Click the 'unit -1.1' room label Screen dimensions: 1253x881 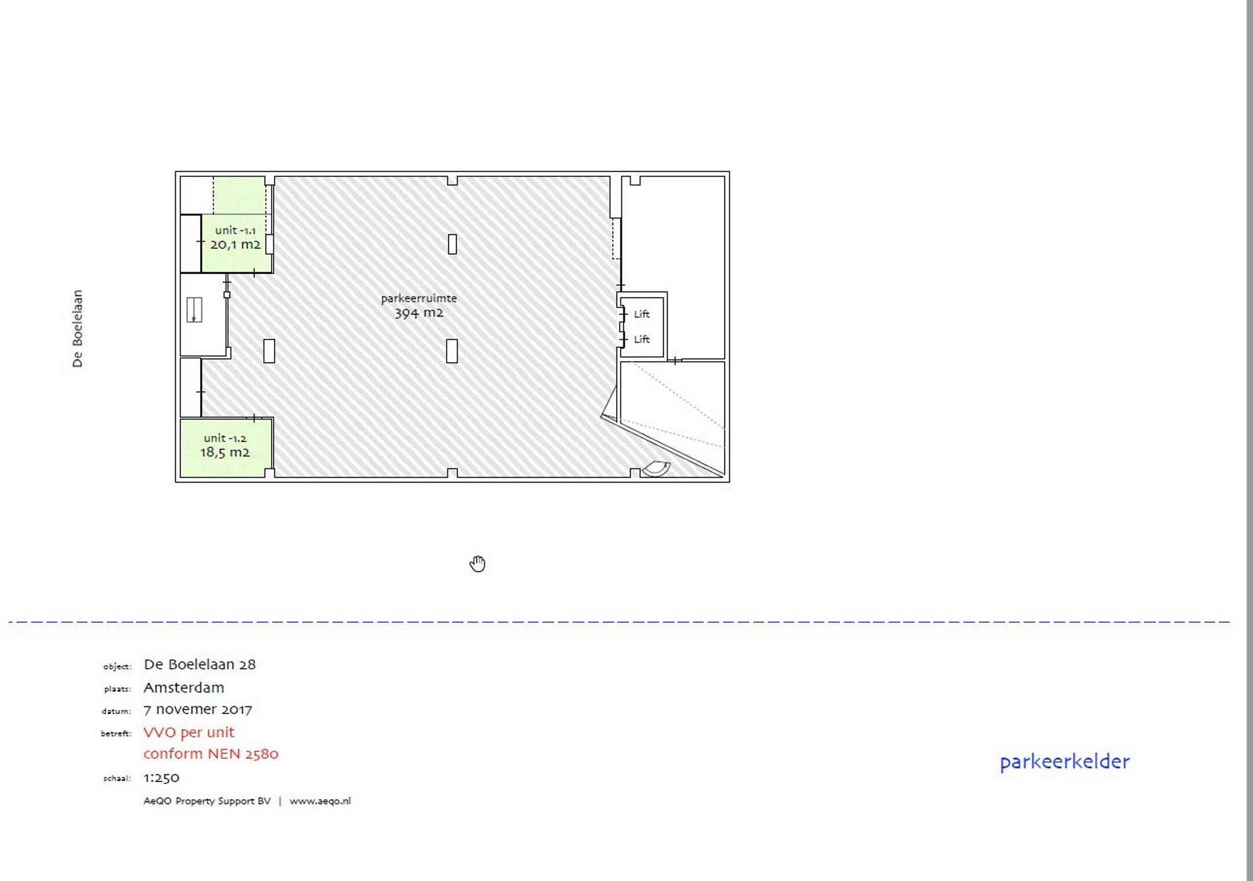[235, 230]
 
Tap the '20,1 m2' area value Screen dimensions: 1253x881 [235, 244]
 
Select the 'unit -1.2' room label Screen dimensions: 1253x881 [225, 438]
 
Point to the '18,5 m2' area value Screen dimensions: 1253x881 [225, 452]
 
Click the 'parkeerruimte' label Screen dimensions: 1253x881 [419, 299]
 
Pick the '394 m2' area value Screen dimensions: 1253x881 [419, 313]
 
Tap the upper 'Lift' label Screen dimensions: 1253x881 [642, 314]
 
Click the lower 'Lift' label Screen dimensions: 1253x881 [642, 339]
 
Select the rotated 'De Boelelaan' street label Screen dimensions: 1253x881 [77, 329]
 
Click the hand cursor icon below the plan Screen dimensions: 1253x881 [477, 563]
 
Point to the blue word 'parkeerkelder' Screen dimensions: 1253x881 [1064, 762]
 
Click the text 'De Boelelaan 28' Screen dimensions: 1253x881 [200, 665]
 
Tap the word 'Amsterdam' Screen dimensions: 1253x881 [184, 688]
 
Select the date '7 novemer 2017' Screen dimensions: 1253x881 [198, 709]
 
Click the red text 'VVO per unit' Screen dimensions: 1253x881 [189, 733]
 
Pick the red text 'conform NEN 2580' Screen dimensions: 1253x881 [211, 754]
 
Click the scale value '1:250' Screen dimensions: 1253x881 [161, 778]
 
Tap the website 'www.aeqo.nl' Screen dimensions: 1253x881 [320, 801]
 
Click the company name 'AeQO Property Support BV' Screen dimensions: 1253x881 [207, 801]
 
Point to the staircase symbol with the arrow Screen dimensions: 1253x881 [194, 310]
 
